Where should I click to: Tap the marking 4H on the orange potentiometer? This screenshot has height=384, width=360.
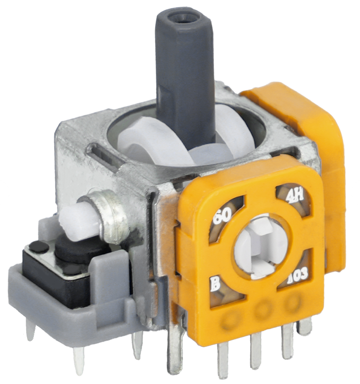pyautogui.click(x=295, y=196)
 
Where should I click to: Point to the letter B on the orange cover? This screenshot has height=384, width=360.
pyautogui.click(x=215, y=285)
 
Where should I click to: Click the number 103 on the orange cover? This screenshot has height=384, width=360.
pyautogui.click(x=297, y=274)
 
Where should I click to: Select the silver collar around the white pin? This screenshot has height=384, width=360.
pyautogui.click(x=111, y=216)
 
